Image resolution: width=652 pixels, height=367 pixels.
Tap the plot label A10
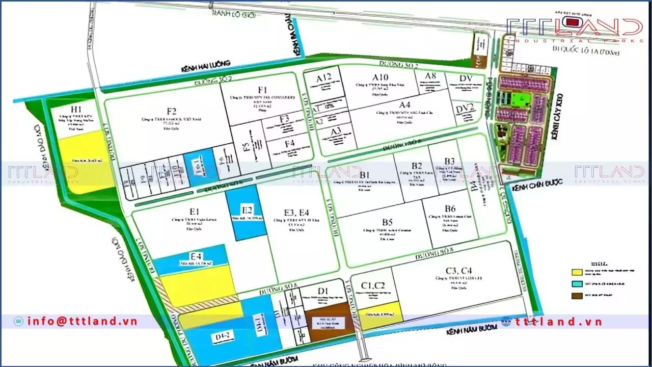coord(380,77)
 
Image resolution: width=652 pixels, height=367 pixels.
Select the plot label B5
coord(388,222)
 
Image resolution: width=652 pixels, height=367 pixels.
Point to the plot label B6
coord(450,208)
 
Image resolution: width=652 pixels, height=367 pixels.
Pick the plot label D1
coord(322,291)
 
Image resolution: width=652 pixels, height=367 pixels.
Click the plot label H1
coord(76,110)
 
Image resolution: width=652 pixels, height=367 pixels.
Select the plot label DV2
coord(465,108)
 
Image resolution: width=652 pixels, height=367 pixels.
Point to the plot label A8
coord(431,76)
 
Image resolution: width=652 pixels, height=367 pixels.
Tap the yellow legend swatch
coord(577,272)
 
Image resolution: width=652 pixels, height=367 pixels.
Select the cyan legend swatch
coord(577,283)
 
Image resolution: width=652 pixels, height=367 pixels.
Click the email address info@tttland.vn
coord(82,321)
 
